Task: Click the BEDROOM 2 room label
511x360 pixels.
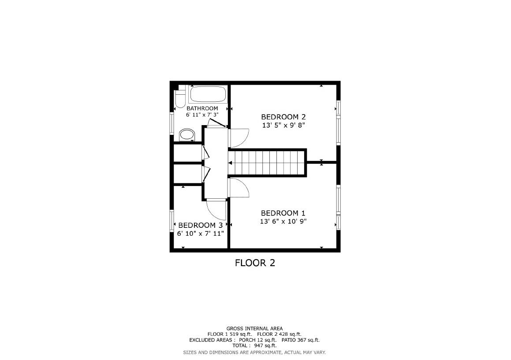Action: tap(283, 117)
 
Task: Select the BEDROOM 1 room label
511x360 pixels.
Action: tap(283, 213)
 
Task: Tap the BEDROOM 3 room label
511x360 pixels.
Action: tap(201, 226)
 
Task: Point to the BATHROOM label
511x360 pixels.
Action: tap(202, 108)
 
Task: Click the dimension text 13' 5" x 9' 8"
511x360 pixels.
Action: tap(283, 125)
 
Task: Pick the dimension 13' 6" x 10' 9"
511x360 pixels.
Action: tap(283, 221)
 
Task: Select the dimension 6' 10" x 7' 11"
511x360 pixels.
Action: tap(201, 234)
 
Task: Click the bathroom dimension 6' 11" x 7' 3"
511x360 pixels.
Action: tap(202, 115)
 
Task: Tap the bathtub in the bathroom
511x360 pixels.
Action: tap(207, 94)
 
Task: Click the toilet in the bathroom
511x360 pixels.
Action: tap(179, 99)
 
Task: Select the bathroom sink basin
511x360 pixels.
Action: tap(187, 134)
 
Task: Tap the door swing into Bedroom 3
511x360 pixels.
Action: tap(216, 209)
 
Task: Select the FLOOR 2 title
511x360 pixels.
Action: tap(255, 263)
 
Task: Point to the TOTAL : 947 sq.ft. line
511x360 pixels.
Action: tap(254, 345)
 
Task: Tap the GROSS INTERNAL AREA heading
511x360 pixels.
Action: tap(254, 328)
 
